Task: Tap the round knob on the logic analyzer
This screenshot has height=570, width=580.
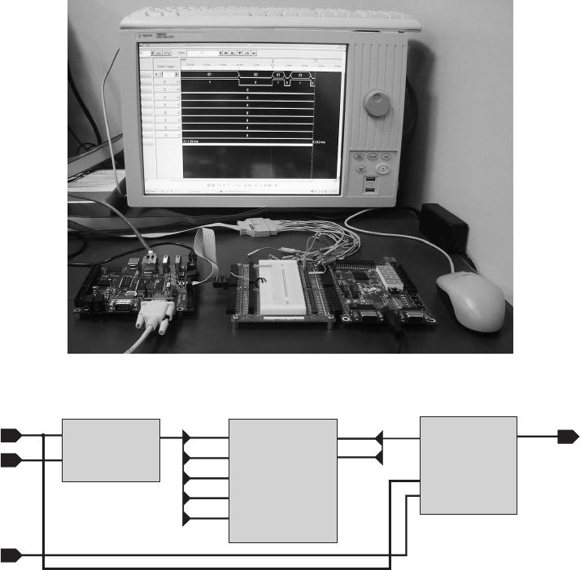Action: [377, 103]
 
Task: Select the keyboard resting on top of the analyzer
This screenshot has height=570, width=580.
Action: [268, 16]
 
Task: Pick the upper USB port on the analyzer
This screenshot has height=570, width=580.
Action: [371, 178]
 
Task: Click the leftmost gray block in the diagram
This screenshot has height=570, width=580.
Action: [111, 450]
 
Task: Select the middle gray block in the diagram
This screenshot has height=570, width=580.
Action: [283, 481]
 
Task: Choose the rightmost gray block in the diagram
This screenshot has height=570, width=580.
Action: [468, 464]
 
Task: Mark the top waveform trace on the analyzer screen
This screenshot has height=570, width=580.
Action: [244, 74]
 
